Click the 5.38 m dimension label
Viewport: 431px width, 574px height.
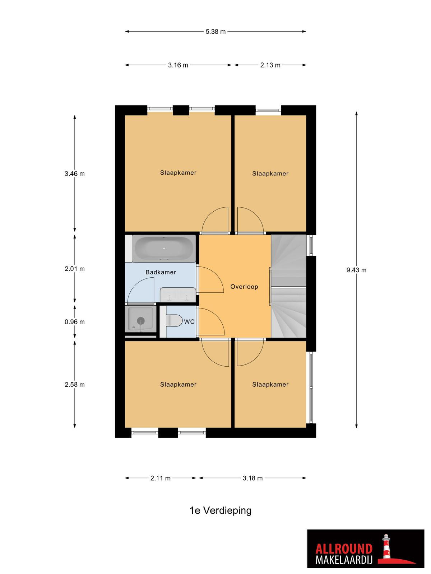215,32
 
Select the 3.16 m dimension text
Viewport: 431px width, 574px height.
178,65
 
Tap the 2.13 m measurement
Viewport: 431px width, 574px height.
270,65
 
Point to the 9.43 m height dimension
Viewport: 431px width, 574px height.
356,270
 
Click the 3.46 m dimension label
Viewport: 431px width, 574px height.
75,174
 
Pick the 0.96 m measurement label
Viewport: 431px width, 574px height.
75,322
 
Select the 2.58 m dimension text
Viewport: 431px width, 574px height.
75,385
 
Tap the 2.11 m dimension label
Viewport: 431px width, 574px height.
161,478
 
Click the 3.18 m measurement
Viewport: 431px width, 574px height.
252,478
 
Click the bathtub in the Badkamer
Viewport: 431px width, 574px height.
164,248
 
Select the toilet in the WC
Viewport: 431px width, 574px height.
174,321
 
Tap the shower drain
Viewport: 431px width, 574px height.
141,320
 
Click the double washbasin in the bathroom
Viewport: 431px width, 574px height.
178,295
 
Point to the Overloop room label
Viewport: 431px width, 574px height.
244,287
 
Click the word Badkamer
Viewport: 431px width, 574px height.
161,272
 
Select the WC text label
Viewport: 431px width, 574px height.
189,322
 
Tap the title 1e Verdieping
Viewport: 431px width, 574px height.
220,511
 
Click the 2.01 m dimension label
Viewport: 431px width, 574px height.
75,269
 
